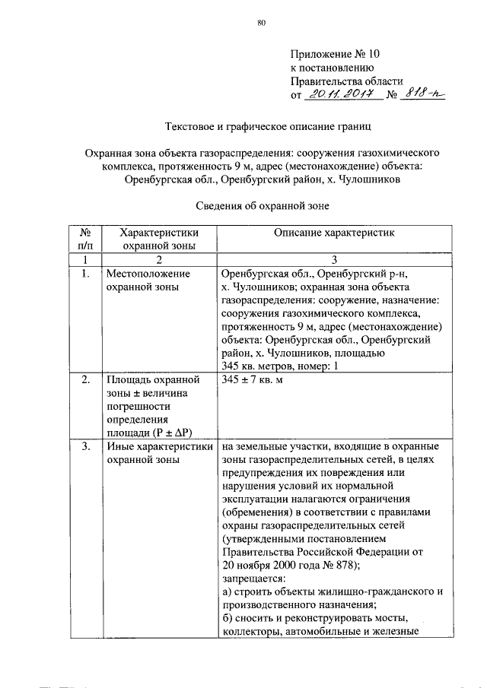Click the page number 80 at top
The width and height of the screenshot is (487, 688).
[x=261, y=24]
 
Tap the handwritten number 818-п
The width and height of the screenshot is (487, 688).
[x=423, y=94]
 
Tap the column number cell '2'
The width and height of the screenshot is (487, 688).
[x=160, y=259]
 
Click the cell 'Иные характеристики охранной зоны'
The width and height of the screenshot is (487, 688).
[x=160, y=454]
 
